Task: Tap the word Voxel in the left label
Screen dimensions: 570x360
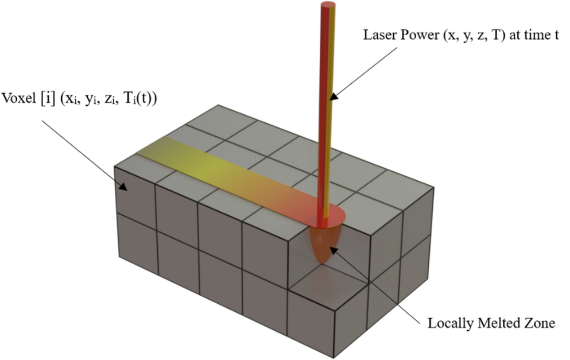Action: pos(18,97)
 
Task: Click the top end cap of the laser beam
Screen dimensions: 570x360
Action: pos(328,5)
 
